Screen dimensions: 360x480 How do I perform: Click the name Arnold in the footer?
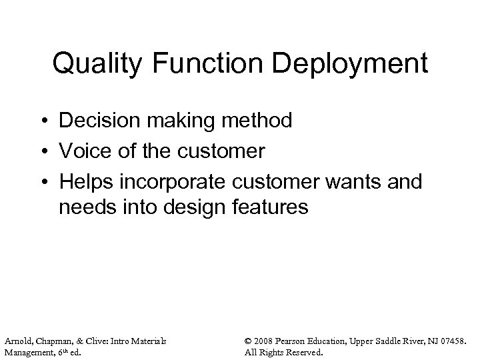pos(17,341)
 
